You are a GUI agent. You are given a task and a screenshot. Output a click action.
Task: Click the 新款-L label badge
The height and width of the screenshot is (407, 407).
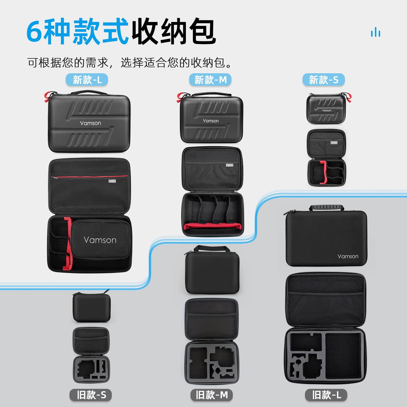point(87,80)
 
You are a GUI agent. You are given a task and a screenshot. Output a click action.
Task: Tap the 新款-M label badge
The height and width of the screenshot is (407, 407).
point(210,80)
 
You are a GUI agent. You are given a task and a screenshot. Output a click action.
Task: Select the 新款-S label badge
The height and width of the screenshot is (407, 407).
point(323,80)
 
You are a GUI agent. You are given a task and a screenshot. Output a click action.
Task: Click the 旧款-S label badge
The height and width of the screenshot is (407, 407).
point(91,395)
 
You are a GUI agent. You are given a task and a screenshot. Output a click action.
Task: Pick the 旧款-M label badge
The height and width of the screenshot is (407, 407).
point(212,395)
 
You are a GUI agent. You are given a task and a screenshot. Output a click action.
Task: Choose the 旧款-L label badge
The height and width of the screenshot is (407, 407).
point(326,395)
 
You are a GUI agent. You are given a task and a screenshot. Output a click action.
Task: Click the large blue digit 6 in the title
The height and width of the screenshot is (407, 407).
point(34,32)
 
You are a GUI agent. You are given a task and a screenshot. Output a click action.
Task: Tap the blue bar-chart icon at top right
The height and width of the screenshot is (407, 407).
point(376,32)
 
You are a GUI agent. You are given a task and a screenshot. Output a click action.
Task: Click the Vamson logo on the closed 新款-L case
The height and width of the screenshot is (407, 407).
point(90,123)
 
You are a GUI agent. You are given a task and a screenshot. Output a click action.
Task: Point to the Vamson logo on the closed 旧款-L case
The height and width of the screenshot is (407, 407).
point(348,256)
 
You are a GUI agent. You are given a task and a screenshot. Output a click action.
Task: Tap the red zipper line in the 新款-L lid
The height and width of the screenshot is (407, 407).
point(90,177)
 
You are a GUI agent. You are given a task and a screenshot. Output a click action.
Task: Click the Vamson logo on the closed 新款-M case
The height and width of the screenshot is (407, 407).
point(211,121)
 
